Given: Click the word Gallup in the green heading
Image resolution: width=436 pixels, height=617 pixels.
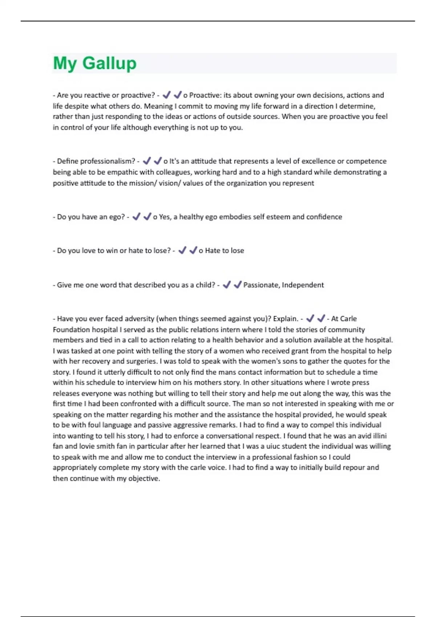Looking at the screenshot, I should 109,63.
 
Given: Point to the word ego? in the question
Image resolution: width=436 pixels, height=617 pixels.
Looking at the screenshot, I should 117,217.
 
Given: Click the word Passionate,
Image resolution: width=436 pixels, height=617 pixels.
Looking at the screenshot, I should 262,285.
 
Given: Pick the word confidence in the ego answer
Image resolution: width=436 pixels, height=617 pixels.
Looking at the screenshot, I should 324,217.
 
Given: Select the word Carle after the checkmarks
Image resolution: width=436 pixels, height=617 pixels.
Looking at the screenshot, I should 349,319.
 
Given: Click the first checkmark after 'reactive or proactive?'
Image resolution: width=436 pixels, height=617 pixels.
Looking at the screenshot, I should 166,95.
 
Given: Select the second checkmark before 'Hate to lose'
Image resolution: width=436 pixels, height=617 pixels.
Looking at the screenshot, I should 193,250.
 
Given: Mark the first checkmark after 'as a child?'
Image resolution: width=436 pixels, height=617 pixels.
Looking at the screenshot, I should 227,285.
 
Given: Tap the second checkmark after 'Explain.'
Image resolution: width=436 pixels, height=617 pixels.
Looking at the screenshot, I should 321,319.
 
